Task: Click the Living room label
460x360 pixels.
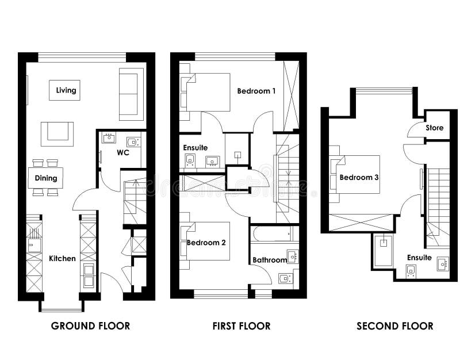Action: tap(64, 90)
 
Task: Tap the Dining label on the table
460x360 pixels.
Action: tap(46, 178)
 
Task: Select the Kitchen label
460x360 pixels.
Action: tap(62, 258)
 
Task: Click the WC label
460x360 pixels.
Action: tap(122, 153)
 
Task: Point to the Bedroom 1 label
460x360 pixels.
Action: tap(256, 91)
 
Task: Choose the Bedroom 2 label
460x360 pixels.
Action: tap(206, 243)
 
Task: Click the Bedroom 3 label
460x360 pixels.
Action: tap(359, 177)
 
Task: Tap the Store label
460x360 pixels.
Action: tap(435, 128)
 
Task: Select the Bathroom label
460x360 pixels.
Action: tap(270, 260)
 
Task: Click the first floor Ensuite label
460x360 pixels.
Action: tap(195, 148)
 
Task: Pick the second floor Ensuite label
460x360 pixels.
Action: tap(419, 257)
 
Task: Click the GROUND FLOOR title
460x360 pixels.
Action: tap(90, 326)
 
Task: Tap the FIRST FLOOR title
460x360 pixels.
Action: tap(241, 326)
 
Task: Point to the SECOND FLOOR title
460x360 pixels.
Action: tap(395, 326)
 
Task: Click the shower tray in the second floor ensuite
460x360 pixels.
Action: tap(383, 251)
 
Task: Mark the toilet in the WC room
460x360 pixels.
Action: tap(132, 141)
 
